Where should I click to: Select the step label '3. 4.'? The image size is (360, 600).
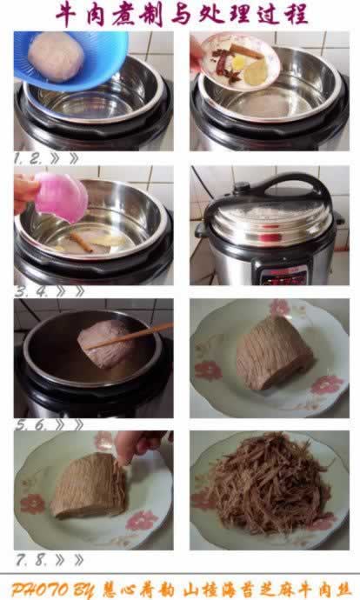tap(30, 291)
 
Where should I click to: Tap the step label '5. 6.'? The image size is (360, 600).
tap(31, 424)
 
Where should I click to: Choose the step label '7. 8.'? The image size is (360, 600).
tap(31, 559)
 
